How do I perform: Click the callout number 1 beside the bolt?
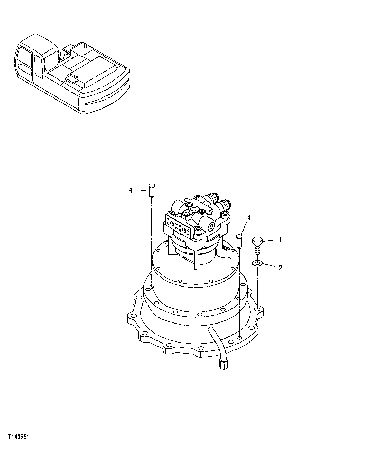pos(280,240)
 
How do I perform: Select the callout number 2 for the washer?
pos(280,268)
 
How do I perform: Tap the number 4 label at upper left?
pos(131,190)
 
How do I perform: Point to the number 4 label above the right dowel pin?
pos(249,218)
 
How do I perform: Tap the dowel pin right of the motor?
pos(238,241)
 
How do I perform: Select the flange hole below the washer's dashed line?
pos(257,308)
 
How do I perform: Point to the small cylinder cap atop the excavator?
pos(83,45)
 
